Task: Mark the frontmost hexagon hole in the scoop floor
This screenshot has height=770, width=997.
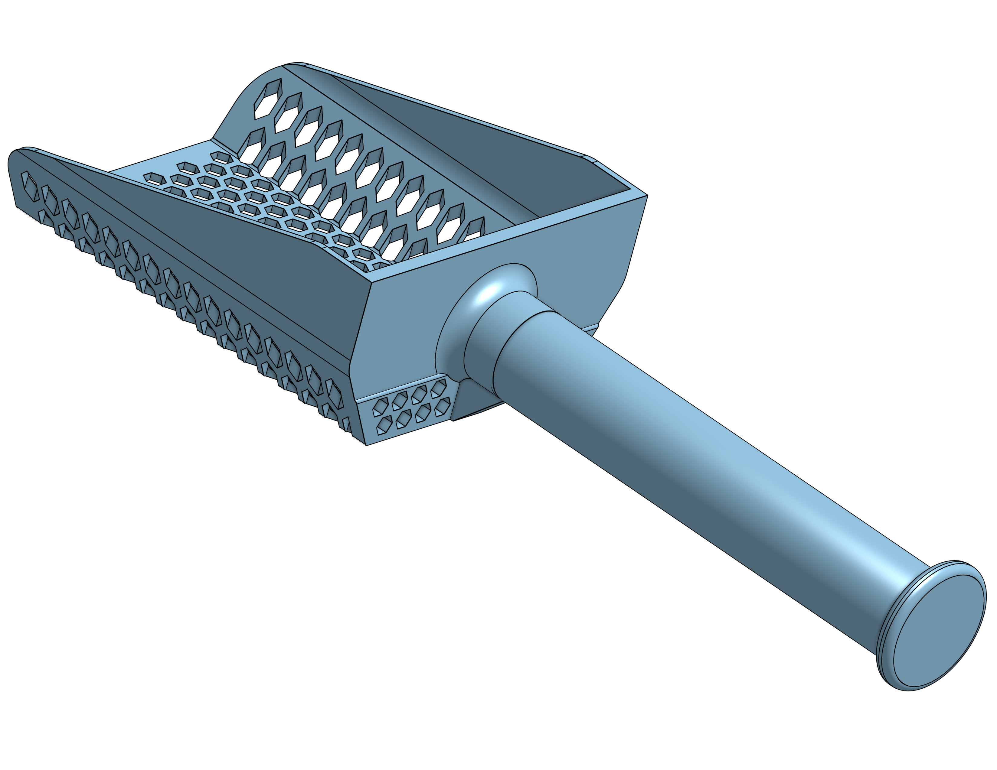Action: click(150, 177)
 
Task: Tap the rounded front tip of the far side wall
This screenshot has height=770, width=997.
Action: click(297, 65)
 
